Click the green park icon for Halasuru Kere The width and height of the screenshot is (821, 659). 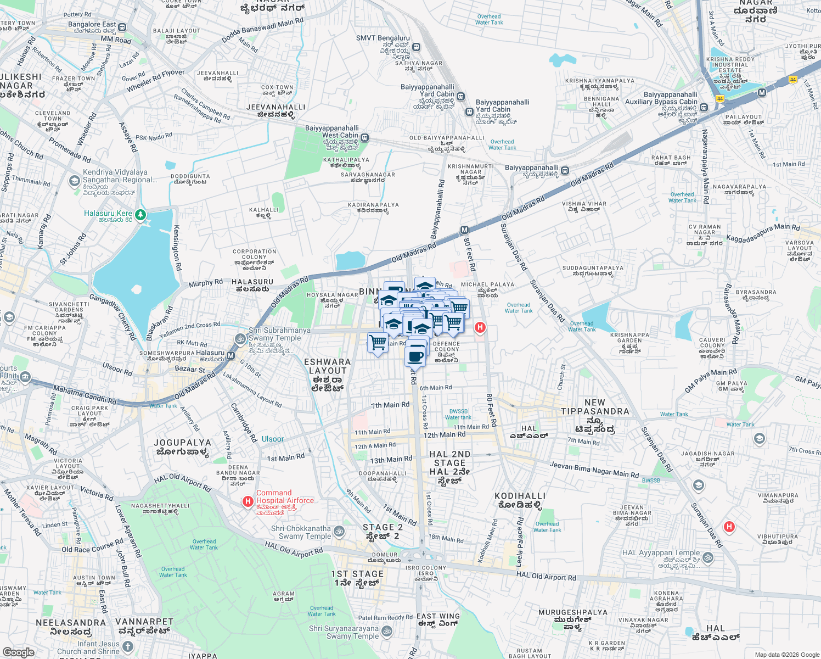(140, 214)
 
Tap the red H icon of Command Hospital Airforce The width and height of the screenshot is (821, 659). (248, 501)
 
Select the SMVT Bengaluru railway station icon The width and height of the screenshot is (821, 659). (417, 47)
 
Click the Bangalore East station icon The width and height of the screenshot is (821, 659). (122, 27)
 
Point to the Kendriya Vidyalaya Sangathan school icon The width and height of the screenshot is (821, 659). (75, 181)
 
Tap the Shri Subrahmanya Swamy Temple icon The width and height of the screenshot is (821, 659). (240, 339)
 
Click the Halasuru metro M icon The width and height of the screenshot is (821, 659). (231, 356)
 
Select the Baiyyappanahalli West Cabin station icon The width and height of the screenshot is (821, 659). (365, 138)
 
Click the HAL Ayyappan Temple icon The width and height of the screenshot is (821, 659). (708, 557)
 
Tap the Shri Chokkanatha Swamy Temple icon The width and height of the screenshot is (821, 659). (339, 531)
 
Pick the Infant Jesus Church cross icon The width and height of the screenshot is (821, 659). (127, 646)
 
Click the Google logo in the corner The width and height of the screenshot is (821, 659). (18, 652)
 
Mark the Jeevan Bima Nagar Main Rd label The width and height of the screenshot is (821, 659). (594, 470)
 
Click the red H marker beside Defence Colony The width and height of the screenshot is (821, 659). (480, 328)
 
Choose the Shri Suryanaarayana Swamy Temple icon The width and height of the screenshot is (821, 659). (387, 632)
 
